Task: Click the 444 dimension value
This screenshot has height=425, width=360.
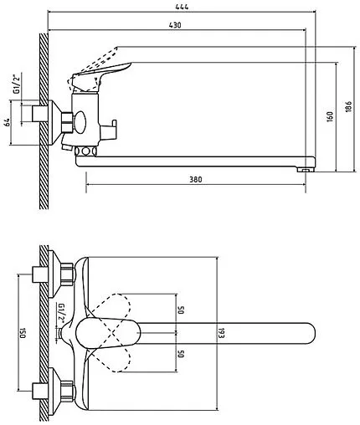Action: [182, 7]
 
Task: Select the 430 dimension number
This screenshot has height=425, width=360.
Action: [175, 25]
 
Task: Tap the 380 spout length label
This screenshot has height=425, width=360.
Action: [196, 179]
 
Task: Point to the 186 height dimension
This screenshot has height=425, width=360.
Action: [349, 107]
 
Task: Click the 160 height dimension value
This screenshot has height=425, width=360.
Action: [330, 116]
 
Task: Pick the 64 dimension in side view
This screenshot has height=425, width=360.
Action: [7, 122]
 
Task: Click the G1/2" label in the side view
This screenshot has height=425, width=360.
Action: [17, 84]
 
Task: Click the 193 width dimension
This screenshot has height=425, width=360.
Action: [221, 332]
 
